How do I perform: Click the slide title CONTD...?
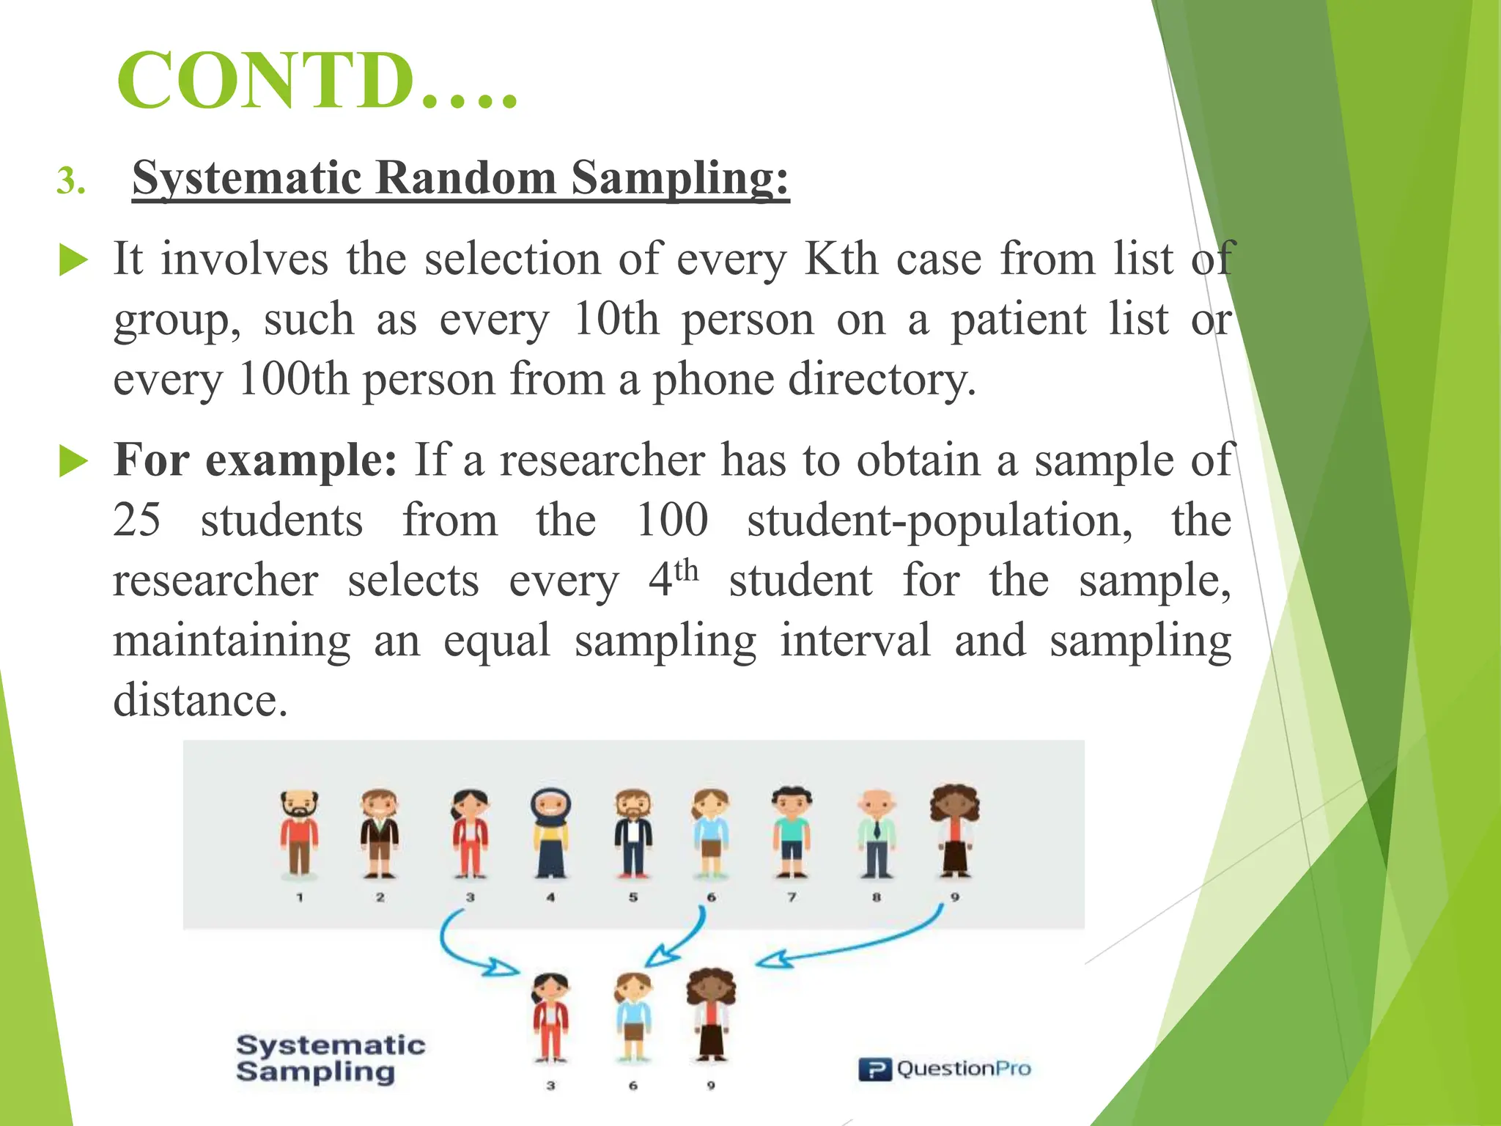click(x=317, y=81)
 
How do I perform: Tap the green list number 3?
click(x=70, y=181)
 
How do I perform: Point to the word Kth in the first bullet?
click(x=840, y=259)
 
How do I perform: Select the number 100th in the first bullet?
click(x=293, y=379)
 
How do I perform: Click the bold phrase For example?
click(x=255, y=460)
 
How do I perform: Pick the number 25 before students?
click(x=137, y=520)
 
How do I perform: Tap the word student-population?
click(x=939, y=520)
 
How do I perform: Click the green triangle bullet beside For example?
click(x=73, y=461)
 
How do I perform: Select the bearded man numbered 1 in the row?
click(x=299, y=834)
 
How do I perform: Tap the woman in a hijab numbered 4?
click(x=551, y=834)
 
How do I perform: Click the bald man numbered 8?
click(x=877, y=834)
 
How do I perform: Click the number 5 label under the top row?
click(x=633, y=897)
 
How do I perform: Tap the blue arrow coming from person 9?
click(x=858, y=946)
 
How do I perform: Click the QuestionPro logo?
click(x=945, y=1069)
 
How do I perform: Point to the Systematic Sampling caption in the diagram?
click(x=331, y=1058)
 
